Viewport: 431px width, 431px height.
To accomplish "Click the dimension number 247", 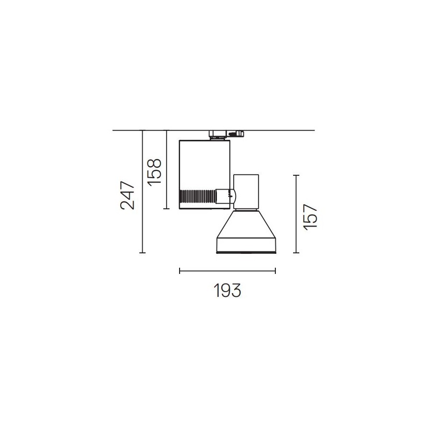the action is coord(128,195).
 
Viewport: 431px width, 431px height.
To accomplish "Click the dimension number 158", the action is coord(154,172).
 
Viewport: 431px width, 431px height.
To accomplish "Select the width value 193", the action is coord(227,290).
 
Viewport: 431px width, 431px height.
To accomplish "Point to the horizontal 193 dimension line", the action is coord(227,271).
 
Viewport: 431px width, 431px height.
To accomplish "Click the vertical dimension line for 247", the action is coord(142,191).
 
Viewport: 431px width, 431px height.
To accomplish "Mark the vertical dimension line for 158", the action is coord(166,170).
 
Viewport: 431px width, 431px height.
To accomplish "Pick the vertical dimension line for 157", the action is coord(296,214).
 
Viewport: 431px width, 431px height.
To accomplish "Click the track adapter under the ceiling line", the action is coord(226,135).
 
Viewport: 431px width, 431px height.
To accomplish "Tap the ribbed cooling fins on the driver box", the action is coord(197,196).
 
